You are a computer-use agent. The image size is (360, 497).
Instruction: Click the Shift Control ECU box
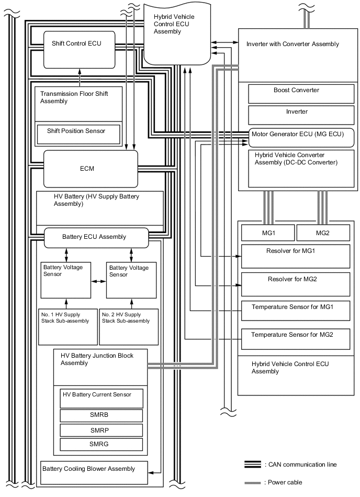point(78,49)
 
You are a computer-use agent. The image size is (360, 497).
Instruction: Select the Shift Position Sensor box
point(78,135)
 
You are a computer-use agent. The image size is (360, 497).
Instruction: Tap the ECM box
point(91,169)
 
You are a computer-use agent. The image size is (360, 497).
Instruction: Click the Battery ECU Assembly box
point(96,237)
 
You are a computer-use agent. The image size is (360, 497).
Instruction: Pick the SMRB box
point(102,415)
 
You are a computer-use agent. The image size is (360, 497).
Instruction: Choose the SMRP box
point(102,430)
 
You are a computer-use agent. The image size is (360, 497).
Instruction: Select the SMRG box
point(102,445)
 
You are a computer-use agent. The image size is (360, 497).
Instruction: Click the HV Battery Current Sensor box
point(102,399)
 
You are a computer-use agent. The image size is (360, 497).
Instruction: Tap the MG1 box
point(267,233)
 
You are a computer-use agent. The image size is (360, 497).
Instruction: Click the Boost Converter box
point(296,94)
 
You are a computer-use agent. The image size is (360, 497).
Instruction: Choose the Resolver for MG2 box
point(295,284)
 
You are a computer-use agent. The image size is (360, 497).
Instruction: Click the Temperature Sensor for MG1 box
point(295,311)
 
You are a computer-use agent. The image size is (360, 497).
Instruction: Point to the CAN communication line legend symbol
point(253,465)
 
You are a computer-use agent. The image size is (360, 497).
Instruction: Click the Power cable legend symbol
point(253,482)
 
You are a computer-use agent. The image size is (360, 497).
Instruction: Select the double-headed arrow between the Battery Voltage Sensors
point(97,281)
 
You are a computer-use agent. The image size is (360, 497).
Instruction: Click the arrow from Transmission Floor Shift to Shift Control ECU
point(80,77)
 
